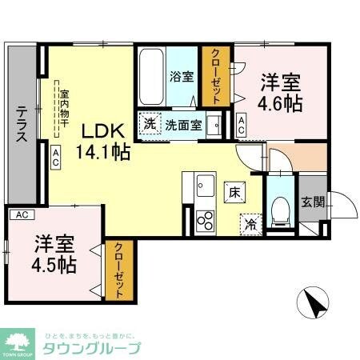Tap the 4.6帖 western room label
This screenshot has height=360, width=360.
click(280, 92)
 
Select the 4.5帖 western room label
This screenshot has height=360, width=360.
click(54, 254)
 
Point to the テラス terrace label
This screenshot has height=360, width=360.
click(22, 123)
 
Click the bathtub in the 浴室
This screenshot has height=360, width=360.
click(151, 75)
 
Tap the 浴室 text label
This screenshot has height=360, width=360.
click(181, 77)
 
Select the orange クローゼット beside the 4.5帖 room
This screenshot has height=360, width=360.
click(118, 270)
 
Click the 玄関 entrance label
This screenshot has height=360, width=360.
click(312, 202)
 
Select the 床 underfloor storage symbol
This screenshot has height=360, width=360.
click(235, 192)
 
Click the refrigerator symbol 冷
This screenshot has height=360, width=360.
click(250, 224)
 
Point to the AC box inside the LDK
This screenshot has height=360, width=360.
click(56, 156)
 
